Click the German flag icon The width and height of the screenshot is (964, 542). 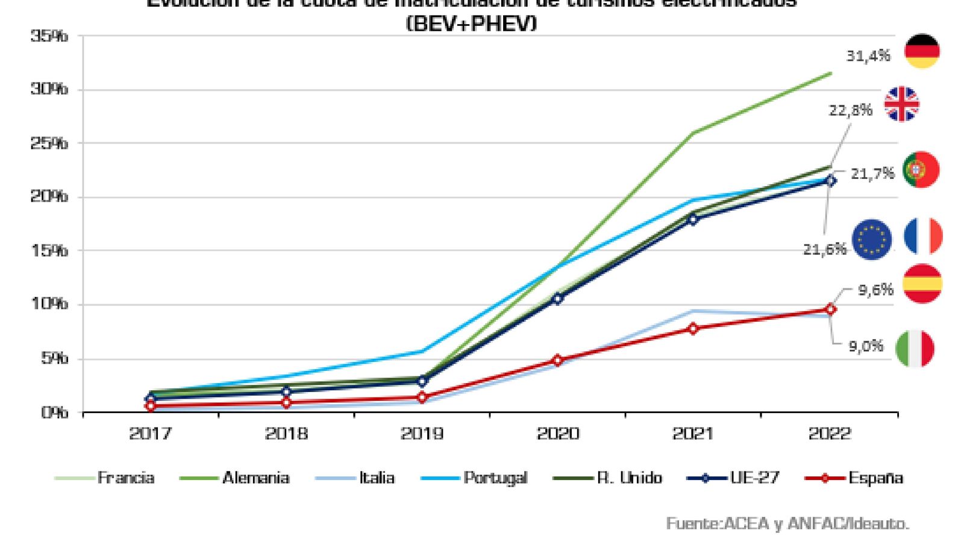tap(922, 51)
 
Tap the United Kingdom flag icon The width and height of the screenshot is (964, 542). tap(901, 104)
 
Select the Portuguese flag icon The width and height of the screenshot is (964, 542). tap(921, 170)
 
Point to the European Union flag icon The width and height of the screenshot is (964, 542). tap(872, 240)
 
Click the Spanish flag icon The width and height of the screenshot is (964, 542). tap(922, 284)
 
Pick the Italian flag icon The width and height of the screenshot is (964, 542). tap(915, 349)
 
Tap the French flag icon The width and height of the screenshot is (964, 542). tap(923, 236)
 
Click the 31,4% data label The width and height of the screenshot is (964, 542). tap(868, 56)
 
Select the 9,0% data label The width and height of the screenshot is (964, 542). tap(866, 346)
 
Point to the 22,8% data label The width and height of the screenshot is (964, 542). tap(851, 110)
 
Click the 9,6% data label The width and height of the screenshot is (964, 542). tap(875, 290)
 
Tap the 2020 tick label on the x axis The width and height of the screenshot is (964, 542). tap(557, 434)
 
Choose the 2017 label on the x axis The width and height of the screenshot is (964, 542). tap(150, 434)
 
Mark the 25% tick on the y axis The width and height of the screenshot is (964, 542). tap(49, 143)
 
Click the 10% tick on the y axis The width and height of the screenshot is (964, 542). tap(49, 304)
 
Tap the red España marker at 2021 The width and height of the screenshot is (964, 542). tap(693, 329)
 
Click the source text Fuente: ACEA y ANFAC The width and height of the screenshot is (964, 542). tap(787, 524)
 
